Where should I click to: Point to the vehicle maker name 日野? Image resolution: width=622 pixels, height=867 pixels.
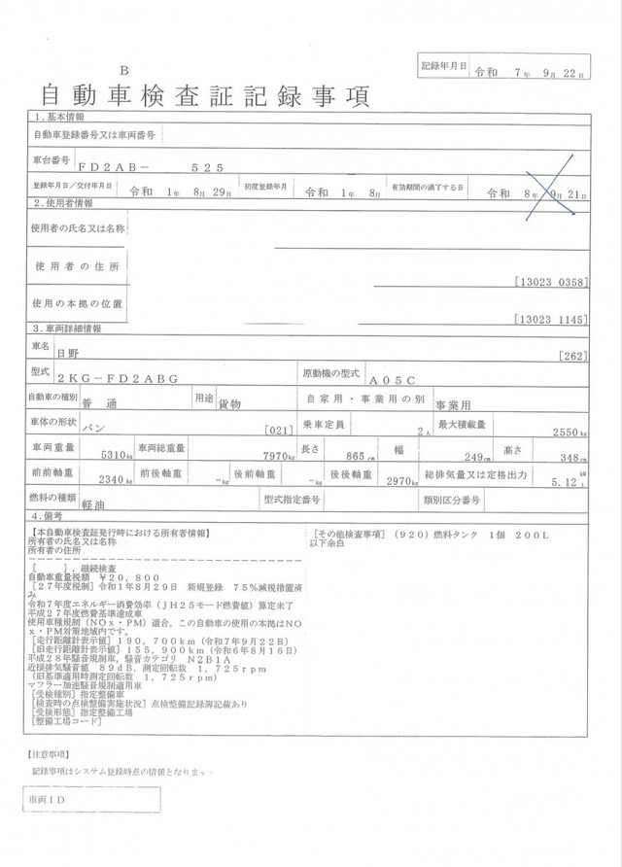(x=69, y=356)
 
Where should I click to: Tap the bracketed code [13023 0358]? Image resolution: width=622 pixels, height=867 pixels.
(x=551, y=282)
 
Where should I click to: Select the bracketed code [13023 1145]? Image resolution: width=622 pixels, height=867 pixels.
(x=551, y=320)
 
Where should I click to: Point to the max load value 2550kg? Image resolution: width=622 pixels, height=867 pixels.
(x=568, y=431)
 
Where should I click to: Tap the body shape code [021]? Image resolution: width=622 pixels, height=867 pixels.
(x=278, y=430)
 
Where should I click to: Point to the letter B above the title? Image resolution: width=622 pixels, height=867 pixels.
(x=123, y=71)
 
